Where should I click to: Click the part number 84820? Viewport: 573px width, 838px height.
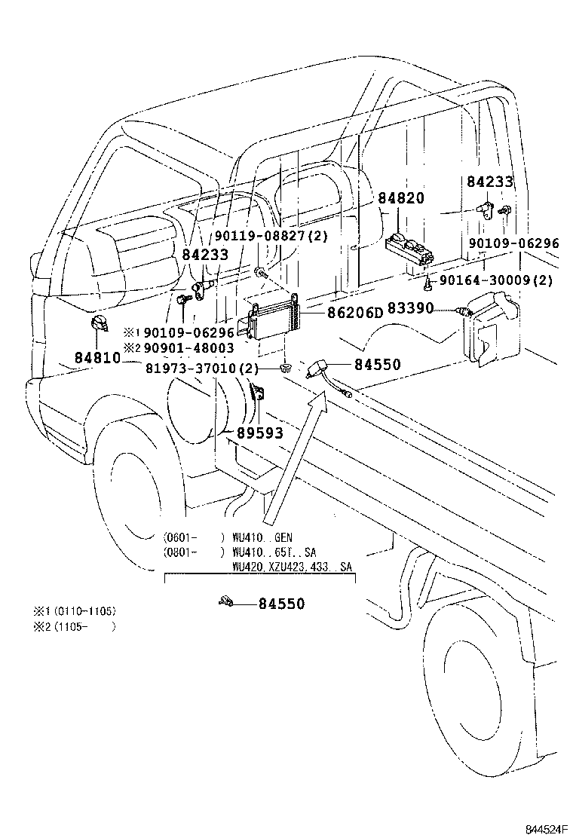point(401,199)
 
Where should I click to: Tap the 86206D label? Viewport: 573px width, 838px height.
point(354,312)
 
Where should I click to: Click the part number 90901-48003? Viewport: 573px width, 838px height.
point(188,347)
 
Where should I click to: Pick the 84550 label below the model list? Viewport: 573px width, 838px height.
point(282,604)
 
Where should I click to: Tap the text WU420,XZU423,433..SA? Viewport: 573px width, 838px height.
point(291,566)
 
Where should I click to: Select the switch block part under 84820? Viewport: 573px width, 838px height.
point(409,248)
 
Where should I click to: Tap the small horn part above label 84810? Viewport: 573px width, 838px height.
point(97,326)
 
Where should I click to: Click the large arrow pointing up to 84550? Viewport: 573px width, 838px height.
point(294,460)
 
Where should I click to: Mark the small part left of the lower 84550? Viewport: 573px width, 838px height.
point(225,601)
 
